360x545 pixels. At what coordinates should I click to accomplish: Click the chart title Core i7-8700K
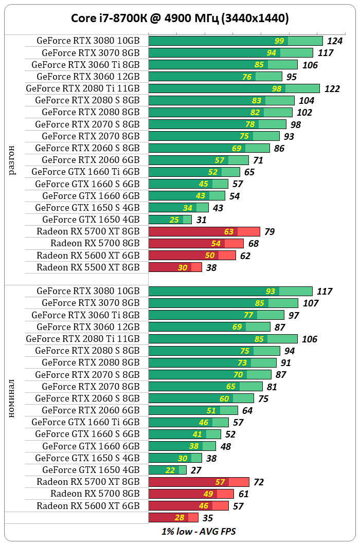coord(179,19)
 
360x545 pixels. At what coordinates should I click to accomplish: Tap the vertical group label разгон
coord(12,160)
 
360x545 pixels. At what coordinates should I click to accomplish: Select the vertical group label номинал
coord(12,398)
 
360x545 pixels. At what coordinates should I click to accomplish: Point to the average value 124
coord(335,41)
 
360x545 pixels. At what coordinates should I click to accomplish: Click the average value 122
coord(332,89)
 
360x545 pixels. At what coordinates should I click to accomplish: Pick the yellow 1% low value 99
coord(279,41)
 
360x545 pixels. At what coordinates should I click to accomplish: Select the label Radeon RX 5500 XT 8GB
coord(88,267)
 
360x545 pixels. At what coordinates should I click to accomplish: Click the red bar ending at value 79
coord(204,231)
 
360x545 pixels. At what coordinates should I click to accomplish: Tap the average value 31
coord(201,220)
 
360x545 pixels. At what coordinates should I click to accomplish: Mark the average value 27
coord(196,470)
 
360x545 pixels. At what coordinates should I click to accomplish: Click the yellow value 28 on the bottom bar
coord(179,518)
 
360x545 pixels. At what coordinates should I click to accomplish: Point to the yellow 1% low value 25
coord(174,220)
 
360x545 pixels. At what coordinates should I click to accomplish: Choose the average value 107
coord(311,303)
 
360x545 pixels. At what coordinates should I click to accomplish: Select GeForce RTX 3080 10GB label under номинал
coord(88,291)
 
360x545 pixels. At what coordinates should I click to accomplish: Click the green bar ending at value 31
coord(170,220)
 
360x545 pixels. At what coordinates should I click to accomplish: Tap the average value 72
coord(259,482)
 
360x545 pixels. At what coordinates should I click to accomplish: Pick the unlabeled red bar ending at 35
coord(173,518)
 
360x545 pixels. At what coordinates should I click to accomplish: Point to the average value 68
coord(253,244)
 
